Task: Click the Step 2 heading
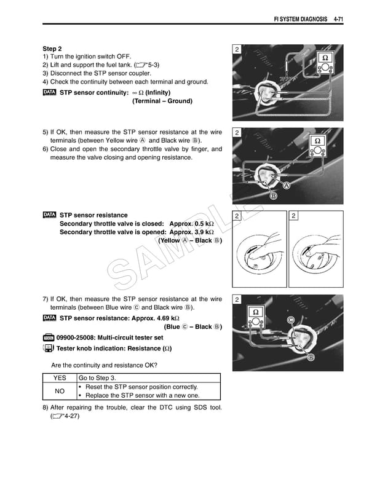click(52, 49)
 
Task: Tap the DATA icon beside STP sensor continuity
click(49, 92)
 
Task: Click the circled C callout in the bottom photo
click(290, 320)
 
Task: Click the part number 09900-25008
click(77, 337)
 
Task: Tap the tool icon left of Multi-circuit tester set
click(49, 337)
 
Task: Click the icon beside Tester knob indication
click(49, 349)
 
